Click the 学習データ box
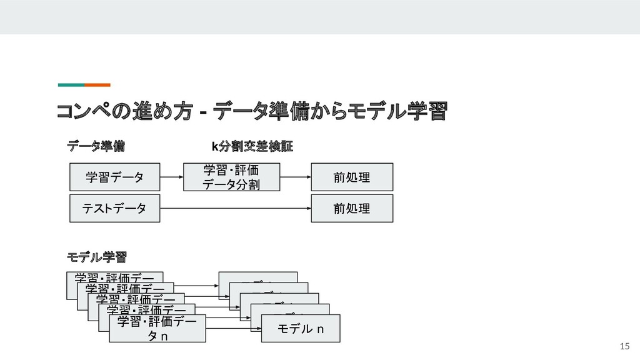click(114, 177)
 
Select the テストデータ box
click(114, 208)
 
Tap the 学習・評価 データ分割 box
click(231, 177)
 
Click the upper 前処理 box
click(352, 177)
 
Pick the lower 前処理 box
click(352, 208)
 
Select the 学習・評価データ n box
click(157, 329)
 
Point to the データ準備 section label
click(96, 146)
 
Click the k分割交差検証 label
click(252, 146)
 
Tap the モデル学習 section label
click(97, 256)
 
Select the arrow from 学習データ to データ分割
click(171, 177)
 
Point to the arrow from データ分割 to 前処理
click(296, 177)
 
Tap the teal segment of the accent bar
click(71, 84)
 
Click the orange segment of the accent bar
click(97, 84)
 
